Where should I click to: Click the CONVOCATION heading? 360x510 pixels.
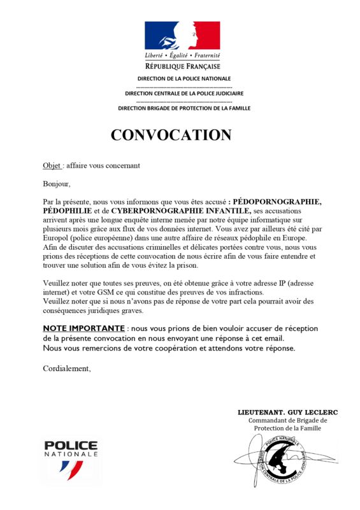tap(171, 135)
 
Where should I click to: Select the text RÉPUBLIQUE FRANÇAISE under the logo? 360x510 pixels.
tap(182, 66)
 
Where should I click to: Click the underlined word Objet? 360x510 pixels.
tap(52, 166)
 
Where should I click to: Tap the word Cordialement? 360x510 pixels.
tap(67, 368)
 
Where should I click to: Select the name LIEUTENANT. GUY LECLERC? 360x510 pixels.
tap(287, 412)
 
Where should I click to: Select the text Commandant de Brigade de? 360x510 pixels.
tap(287, 421)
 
